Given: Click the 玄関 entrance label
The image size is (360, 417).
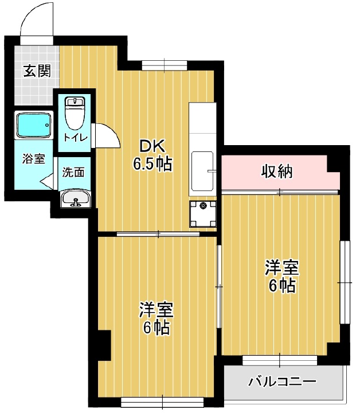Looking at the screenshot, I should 37,72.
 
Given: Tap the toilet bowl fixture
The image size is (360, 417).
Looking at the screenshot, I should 75,114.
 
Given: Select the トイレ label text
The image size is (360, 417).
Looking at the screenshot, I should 75,138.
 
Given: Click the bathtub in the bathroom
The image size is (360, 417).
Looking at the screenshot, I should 34,124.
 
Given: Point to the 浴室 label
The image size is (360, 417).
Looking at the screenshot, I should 34,159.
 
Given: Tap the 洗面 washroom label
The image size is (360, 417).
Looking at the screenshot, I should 73,172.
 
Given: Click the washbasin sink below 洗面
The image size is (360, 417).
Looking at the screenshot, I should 75,200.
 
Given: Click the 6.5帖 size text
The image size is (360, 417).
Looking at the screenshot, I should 152,165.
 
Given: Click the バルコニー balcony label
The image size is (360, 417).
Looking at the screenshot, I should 282,381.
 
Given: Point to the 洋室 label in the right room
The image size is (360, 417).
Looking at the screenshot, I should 281,267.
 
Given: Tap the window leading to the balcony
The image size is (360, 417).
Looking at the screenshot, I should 280,361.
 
